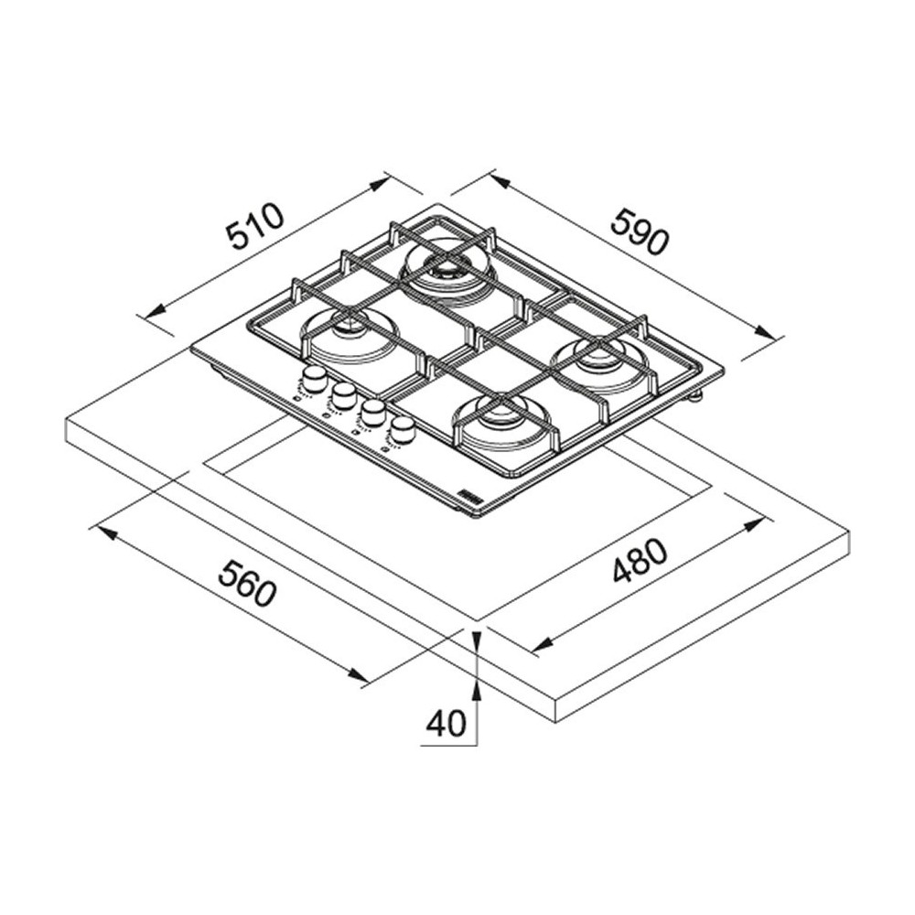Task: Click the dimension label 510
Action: pyautogui.click(x=257, y=228)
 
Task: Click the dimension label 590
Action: pyautogui.click(x=640, y=231)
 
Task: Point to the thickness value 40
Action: pyautogui.click(x=446, y=723)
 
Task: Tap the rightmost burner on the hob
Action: pyautogui.click(x=598, y=361)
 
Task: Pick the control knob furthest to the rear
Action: pyautogui.click(x=315, y=377)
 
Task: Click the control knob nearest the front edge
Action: pyautogui.click(x=401, y=428)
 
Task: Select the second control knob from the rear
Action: pyautogui.click(x=344, y=394)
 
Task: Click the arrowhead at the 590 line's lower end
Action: pyautogui.click(x=774, y=335)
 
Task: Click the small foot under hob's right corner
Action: pyautogui.click(x=697, y=395)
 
